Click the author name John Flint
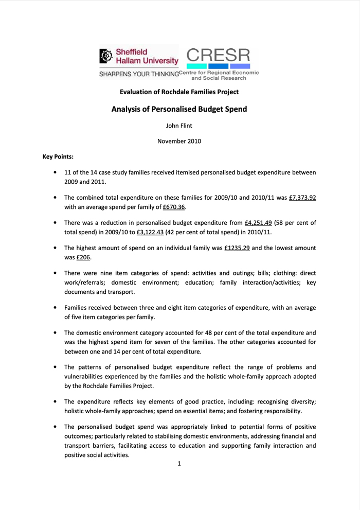pyautogui.click(x=179, y=125)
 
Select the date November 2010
pyautogui.click(x=179, y=140)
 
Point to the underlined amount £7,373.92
pyautogui.click(x=302, y=197)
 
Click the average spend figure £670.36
pyautogui.click(x=174, y=207)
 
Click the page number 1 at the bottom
pyautogui.click(x=179, y=464)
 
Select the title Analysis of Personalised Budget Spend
pyautogui.click(x=179, y=109)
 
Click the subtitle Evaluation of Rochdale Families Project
pyautogui.click(x=179, y=92)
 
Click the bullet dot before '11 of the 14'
pyautogui.click(x=55, y=172)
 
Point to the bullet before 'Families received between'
pyautogui.click(x=55, y=308)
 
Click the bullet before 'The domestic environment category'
pyautogui.click(x=55, y=333)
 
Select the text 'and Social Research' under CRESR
pyautogui.click(x=219, y=79)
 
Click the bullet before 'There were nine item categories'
pyautogui.click(x=55, y=273)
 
